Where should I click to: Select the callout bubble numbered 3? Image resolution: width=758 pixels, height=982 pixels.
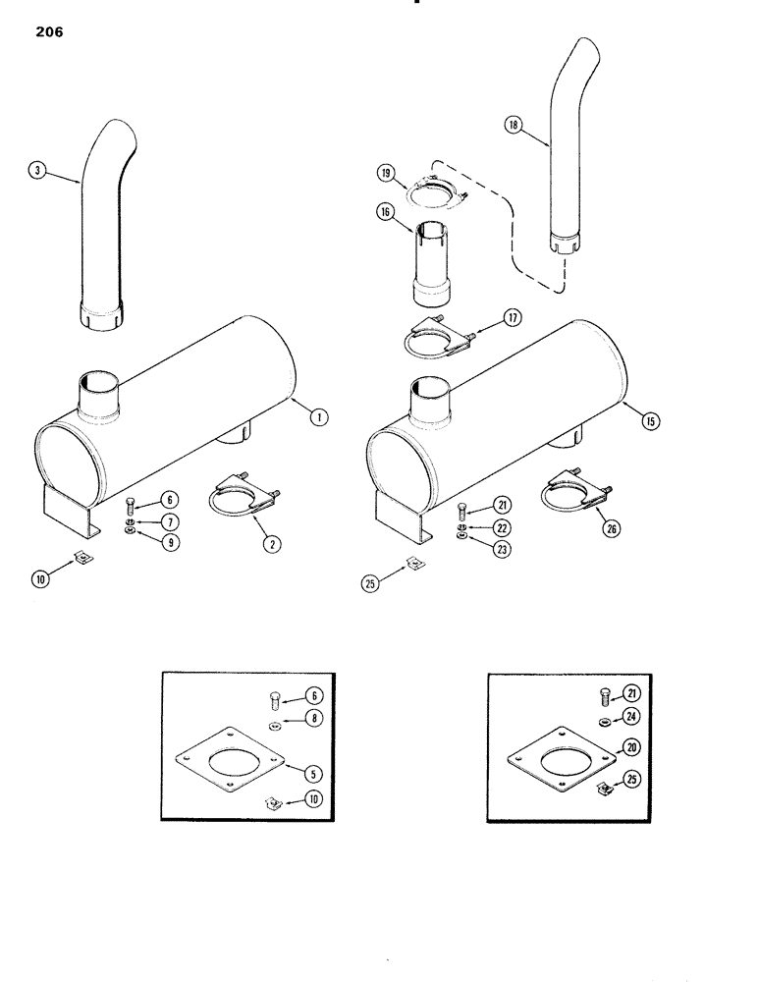(37, 171)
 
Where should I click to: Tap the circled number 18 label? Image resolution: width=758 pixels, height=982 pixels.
(513, 125)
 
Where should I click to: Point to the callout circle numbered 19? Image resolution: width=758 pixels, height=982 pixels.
(386, 173)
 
